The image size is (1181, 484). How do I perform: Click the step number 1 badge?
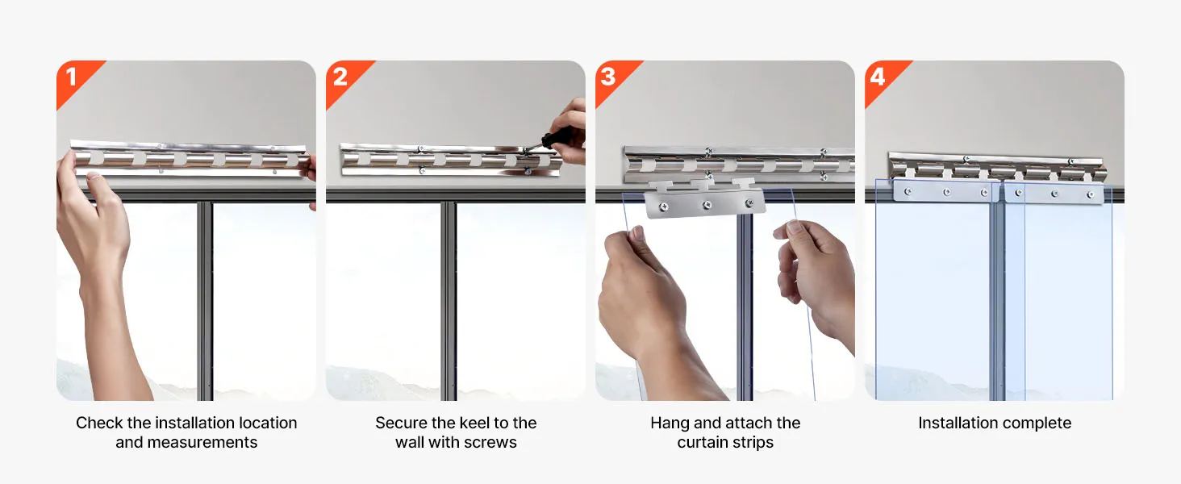(x=74, y=79)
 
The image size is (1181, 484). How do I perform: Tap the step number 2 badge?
(x=343, y=79)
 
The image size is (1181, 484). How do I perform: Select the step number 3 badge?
(x=612, y=79)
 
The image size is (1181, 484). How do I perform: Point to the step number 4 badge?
(x=882, y=79)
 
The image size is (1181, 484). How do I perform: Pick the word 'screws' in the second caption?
(x=490, y=442)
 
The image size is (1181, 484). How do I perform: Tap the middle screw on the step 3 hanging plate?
(x=707, y=205)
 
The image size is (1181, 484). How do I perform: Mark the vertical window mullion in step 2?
(x=449, y=302)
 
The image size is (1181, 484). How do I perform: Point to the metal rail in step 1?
(x=190, y=157)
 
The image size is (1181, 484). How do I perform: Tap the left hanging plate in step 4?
(x=946, y=190)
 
